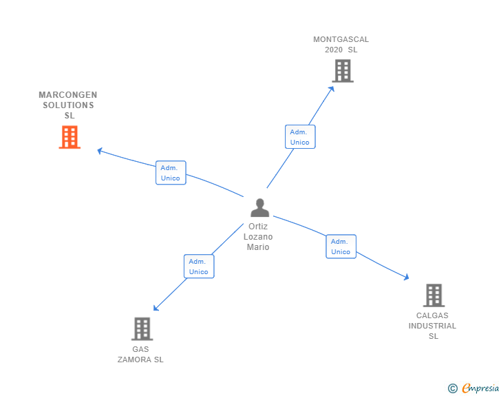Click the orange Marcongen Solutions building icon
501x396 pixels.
(70, 137)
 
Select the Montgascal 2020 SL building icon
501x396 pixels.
(342, 70)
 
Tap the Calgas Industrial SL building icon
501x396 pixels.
(433, 295)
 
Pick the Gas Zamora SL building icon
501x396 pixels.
(142, 329)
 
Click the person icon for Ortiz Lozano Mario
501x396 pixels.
(259, 207)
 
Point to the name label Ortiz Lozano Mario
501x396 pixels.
(258, 237)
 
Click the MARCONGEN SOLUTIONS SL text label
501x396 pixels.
(68, 105)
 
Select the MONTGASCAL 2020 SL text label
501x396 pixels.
(341, 45)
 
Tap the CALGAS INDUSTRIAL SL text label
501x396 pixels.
(432, 326)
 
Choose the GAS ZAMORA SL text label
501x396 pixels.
(140, 354)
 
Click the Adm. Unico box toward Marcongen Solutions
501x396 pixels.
(170, 173)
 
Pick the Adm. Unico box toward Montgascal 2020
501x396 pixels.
(300, 137)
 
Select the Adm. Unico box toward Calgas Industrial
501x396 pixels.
(341, 247)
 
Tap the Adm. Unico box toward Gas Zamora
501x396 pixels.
(199, 267)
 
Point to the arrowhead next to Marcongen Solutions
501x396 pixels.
(100, 150)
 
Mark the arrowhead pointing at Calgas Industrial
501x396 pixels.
(406, 277)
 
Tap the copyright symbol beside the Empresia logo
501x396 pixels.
(452, 388)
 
